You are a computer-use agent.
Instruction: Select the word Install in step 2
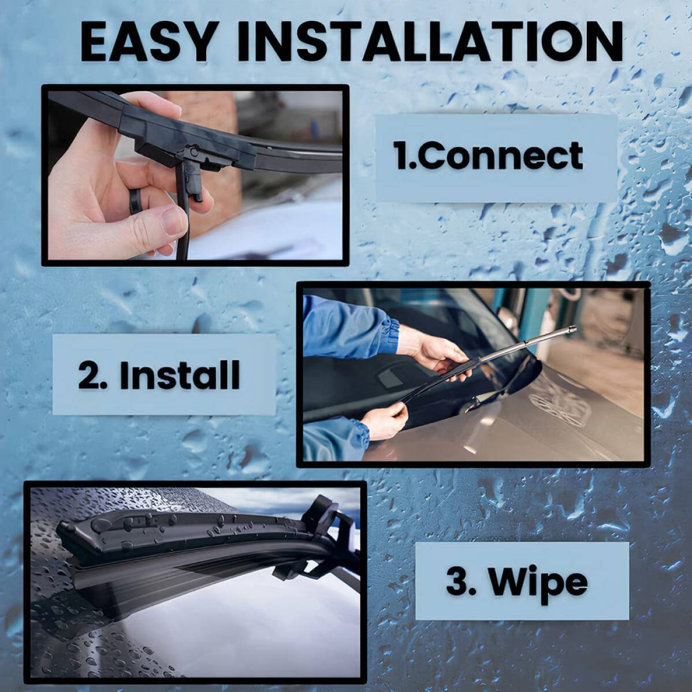tap(180, 375)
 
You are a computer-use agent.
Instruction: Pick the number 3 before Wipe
tap(457, 581)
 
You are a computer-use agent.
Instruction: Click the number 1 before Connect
tap(401, 156)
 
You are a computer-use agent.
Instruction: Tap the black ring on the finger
tap(136, 201)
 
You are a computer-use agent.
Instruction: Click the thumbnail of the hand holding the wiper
tap(195, 175)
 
